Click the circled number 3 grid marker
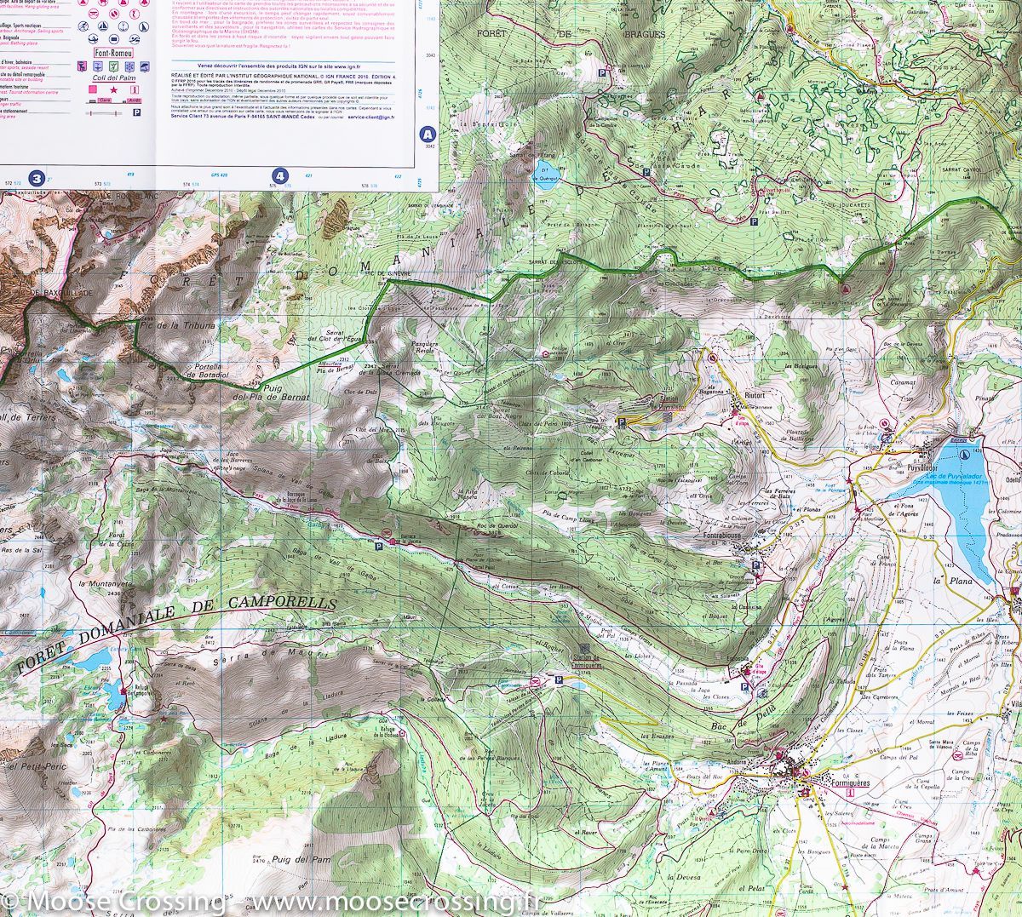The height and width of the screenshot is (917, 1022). (37, 178)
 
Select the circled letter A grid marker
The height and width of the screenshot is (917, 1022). (428, 134)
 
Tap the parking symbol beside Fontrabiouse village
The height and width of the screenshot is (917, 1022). (757, 564)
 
